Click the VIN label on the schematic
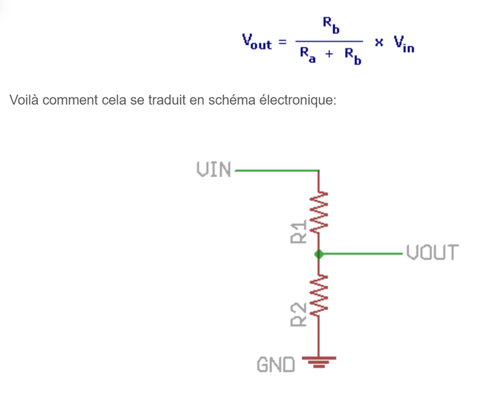pyautogui.click(x=214, y=170)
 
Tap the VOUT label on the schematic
pyautogui.click(x=432, y=252)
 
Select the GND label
pyautogui.click(x=275, y=364)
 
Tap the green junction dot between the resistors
pyautogui.click(x=319, y=253)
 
